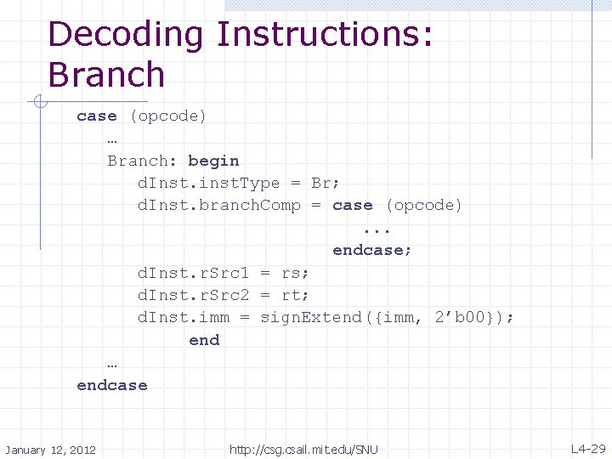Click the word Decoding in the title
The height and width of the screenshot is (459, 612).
click(x=126, y=36)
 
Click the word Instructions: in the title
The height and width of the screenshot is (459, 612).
click(x=325, y=36)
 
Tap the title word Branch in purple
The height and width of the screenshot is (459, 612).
click(x=106, y=75)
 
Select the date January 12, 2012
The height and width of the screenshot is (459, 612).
click(x=50, y=450)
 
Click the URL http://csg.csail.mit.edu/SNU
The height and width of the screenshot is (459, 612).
click(x=303, y=450)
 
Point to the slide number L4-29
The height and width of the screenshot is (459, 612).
click(x=588, y=449)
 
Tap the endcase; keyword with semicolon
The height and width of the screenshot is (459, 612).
click(x=372, y=251)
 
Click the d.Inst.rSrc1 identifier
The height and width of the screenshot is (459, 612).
click(x=193, y=273)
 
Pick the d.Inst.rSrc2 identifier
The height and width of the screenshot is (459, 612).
click(x=193, y=295)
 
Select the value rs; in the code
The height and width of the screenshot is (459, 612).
click(x=295, y=273)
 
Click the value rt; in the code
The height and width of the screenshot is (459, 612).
click(x=295, y=295)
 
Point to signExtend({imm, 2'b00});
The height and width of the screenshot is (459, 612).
click(x=387, y=318)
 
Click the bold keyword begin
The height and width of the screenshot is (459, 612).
click(x=213, y=161)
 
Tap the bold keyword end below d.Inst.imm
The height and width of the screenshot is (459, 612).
click(x=204, y=340)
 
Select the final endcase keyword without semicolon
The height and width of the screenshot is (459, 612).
click(x=111, y=385)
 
